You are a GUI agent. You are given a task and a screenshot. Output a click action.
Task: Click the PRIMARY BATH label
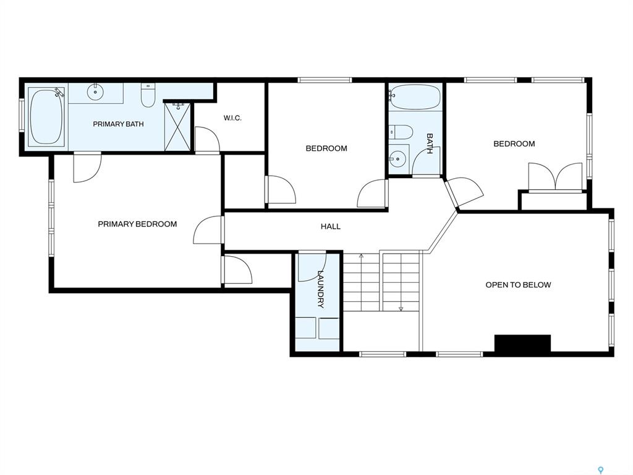118,124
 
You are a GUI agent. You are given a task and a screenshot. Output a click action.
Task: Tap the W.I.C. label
232,118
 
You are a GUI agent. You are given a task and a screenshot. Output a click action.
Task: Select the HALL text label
331,226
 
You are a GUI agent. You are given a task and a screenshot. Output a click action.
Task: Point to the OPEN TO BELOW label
519,285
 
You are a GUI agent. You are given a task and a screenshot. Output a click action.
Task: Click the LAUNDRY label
321,289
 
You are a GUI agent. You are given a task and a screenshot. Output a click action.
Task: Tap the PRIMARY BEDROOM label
137,224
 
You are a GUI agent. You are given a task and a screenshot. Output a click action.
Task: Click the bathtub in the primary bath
46,117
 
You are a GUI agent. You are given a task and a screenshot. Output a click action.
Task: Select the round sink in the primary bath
95,92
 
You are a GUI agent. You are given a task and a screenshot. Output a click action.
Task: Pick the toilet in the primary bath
148,95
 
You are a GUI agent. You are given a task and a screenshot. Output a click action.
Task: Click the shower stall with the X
177,127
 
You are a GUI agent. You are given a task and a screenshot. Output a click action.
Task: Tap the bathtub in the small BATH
415,97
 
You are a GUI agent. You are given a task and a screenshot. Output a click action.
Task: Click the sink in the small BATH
399,159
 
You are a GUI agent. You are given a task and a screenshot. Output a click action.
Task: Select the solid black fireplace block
523,343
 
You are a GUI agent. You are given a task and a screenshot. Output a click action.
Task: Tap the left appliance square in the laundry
305,328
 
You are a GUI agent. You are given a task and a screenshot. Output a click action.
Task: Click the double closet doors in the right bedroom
556,176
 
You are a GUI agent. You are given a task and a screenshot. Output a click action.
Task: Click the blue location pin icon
601,470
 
